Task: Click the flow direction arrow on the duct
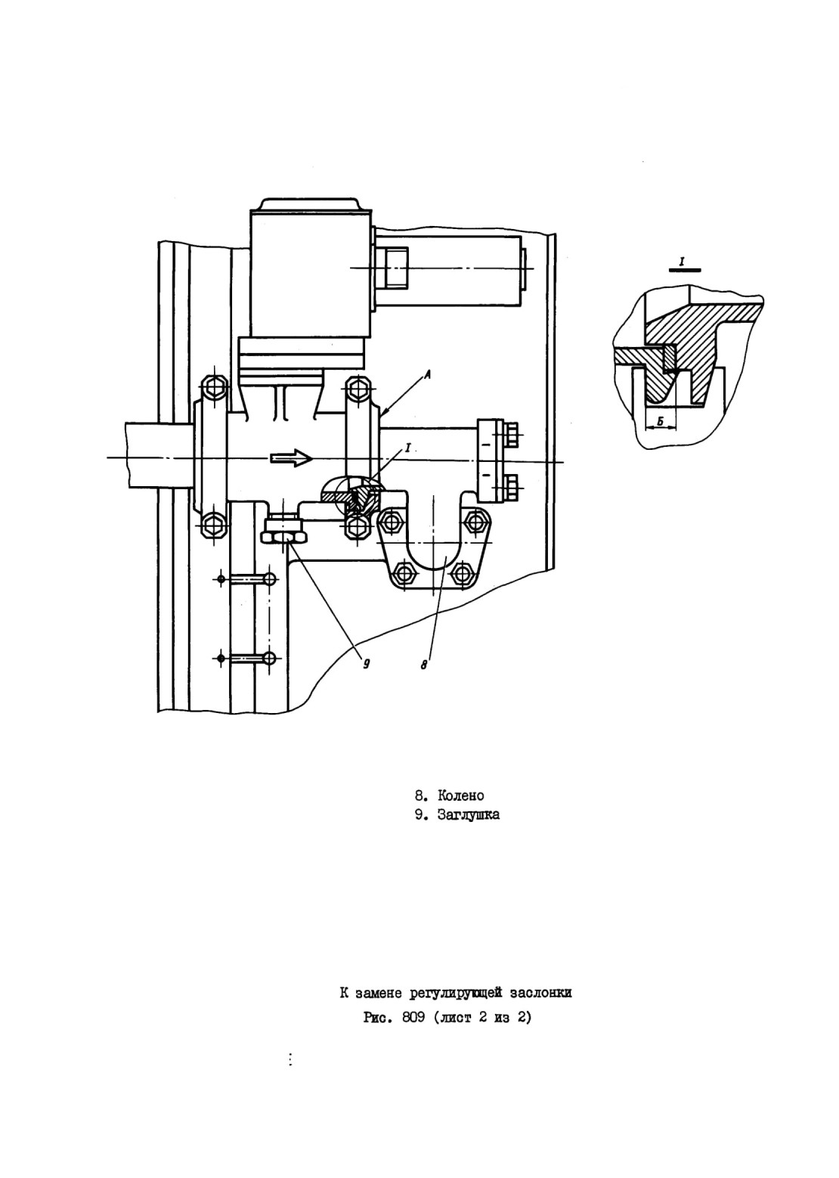(292, 458)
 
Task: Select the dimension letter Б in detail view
(660, 420)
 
